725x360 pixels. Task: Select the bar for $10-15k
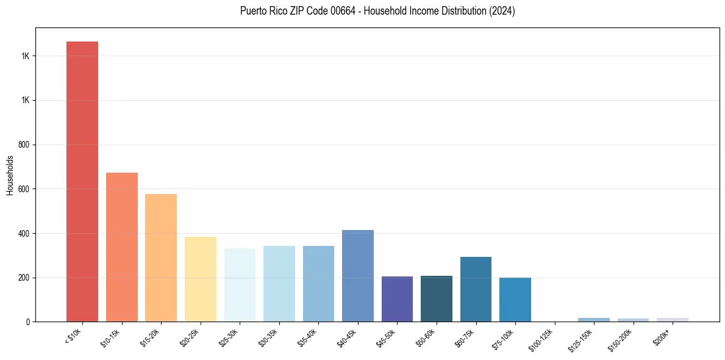122,247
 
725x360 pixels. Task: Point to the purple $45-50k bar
397,299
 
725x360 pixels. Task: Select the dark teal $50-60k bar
437,298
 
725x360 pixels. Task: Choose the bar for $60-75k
476,289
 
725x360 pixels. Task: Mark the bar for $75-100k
515,300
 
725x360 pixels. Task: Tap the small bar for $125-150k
594,319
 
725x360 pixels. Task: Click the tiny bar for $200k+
673,319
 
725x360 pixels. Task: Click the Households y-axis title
10,175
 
